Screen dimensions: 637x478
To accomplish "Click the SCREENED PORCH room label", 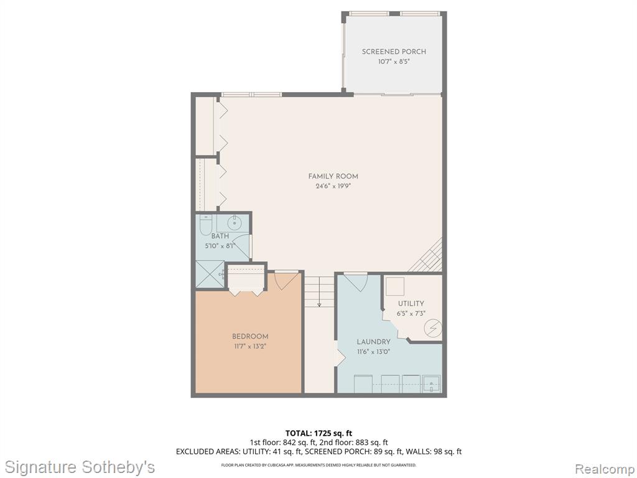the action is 394,52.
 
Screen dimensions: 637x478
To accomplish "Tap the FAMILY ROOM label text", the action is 333,176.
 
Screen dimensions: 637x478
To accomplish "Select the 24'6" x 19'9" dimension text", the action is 333,187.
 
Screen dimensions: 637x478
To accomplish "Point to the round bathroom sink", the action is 235,223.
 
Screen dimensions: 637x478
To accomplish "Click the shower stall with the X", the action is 210,274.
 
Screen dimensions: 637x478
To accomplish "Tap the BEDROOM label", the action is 250,337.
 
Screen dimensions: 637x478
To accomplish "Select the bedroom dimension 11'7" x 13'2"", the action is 250,347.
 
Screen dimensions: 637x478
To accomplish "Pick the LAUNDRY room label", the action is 373,342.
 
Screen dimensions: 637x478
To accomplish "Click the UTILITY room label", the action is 411,304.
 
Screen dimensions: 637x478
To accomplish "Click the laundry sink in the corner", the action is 431,383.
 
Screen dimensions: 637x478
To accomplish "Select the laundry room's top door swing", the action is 355,282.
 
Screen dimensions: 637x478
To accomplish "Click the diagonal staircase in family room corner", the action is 425,255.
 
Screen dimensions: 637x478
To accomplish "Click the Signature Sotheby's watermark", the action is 80,467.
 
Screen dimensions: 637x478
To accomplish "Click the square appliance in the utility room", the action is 395,286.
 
